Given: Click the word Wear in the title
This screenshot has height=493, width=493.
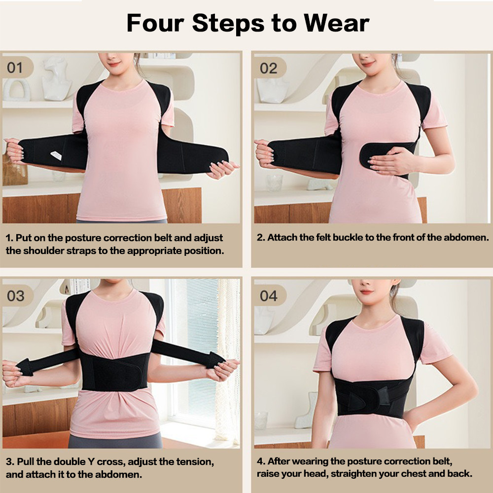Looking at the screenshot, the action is pyautogui.click(x=336, y=23).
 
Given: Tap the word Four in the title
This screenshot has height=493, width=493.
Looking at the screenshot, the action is pyautogui.click(x=155, y=23).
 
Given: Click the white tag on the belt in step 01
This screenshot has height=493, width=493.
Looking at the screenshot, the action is pyautogui.click(x=56, y=155).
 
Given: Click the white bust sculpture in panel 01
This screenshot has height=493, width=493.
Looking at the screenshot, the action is pyautogui.click(x=57, y=78).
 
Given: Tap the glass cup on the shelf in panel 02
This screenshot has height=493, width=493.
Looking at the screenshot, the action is pyautogui.click(x=275, y=182).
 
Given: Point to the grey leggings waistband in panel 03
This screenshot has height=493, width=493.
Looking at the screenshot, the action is pyautogui.click(x=115, y=440).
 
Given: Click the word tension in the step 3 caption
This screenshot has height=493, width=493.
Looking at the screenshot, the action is pyautogui.click(x=195, y=462).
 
